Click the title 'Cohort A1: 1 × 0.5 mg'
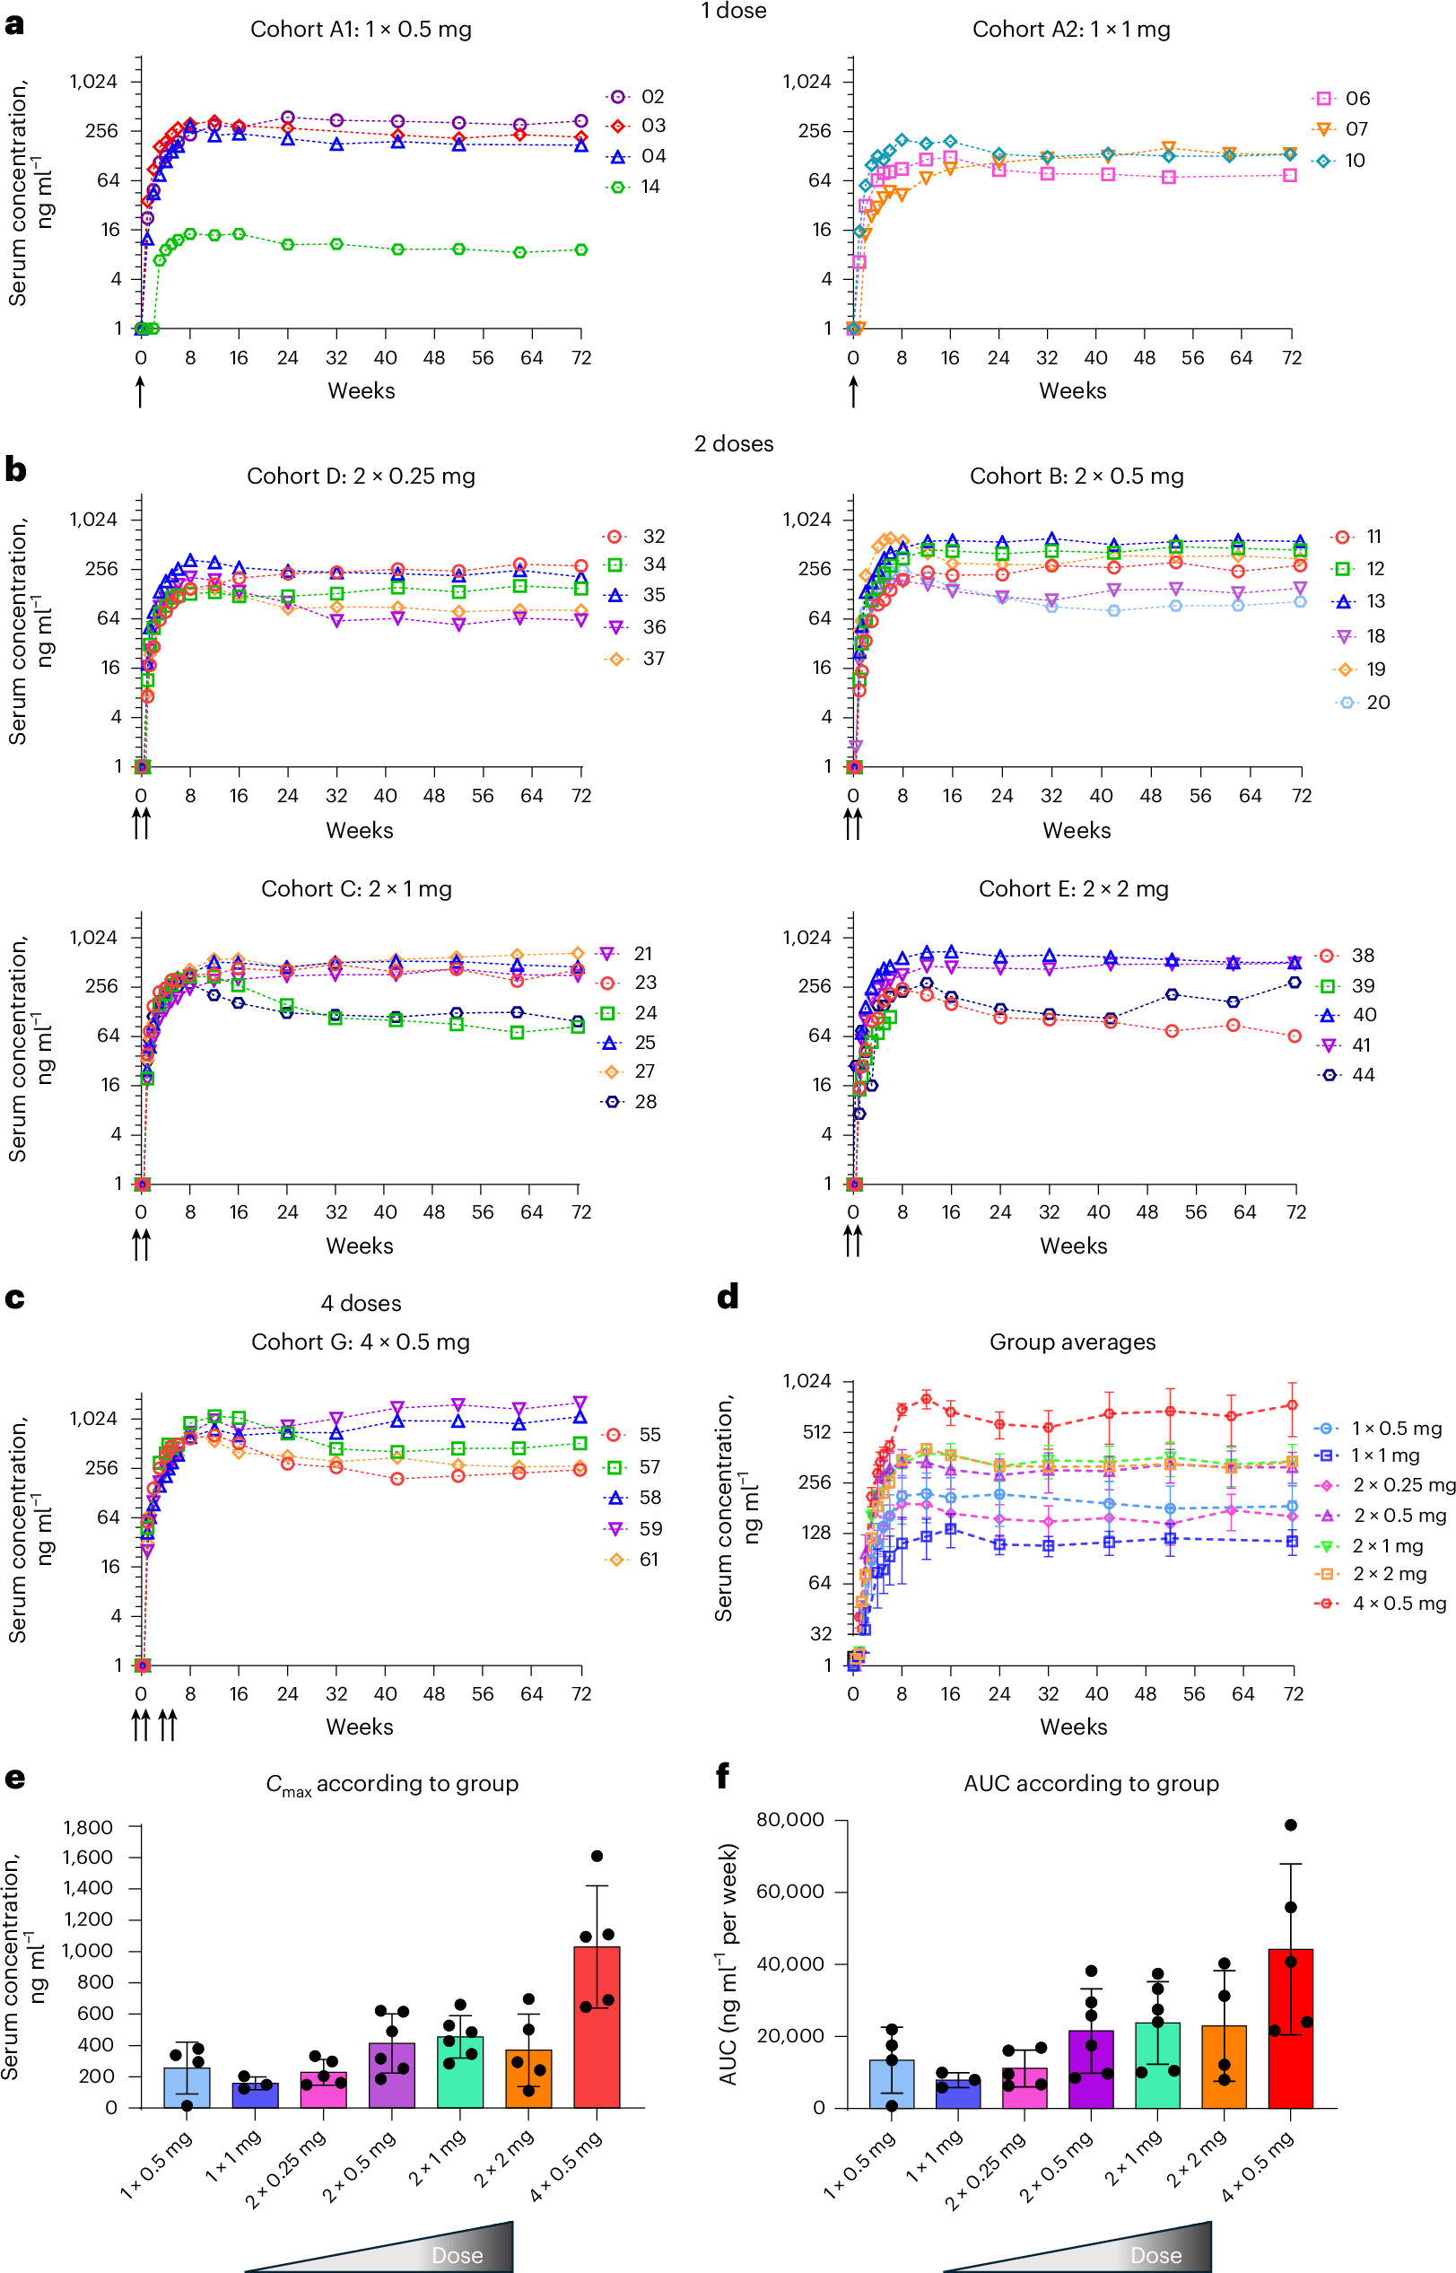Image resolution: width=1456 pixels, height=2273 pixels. point(361,30)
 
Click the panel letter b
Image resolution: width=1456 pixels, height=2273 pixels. point(15,469)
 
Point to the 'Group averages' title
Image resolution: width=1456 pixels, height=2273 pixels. point(1072,1342)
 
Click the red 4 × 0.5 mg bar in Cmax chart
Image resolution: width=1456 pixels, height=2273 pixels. point(597,2026)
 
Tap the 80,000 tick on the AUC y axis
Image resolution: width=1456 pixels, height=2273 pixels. point(789,1820)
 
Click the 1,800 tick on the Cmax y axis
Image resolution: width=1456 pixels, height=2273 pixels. point(88,1828)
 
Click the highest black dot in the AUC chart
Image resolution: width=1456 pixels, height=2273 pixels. point(1291,1825)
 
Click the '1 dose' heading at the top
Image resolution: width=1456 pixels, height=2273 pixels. point(734,12)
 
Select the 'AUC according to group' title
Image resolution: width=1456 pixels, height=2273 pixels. point(1091,1783)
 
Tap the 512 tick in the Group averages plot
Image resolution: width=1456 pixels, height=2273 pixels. point(817,1431)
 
